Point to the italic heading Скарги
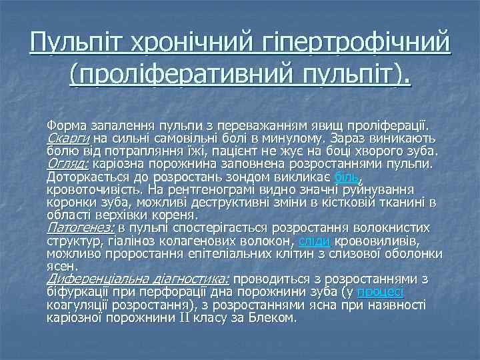click(69, 138)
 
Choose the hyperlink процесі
click(380, 292)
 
